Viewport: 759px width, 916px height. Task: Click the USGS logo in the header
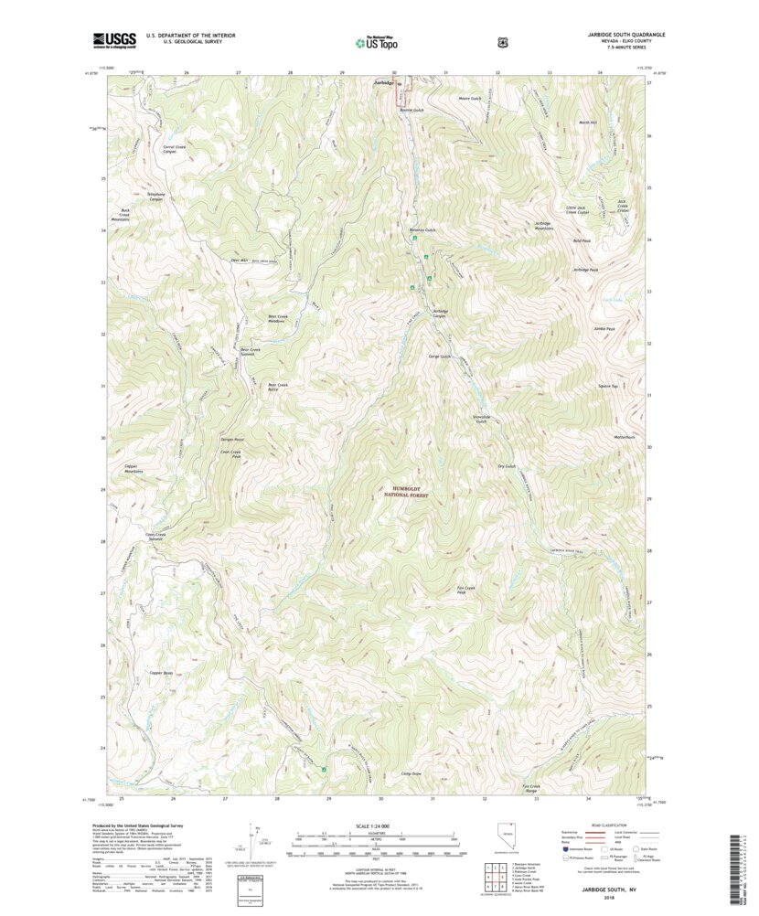[x=114, y=39]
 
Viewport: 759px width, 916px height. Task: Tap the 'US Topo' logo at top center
[x=375, y=40]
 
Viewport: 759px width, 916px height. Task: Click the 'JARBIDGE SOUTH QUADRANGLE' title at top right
[x=626, y=34]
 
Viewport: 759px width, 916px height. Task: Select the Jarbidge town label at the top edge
[x=385, y=83]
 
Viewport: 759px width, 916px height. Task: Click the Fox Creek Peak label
[x=466, y=590]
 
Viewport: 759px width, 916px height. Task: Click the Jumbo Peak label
[x=604, y=329]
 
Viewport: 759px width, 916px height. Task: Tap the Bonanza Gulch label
[x=422, y=229]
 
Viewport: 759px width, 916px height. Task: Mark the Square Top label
[x=609, y=386]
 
